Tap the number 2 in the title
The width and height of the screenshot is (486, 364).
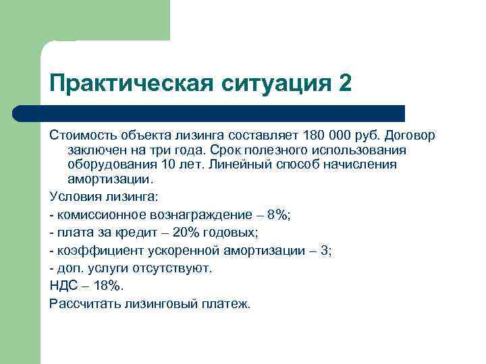[344, 84]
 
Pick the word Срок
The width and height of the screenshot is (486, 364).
[224, 150]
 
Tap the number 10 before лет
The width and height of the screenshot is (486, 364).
[168, 164]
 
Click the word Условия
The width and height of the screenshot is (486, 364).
[75, 197]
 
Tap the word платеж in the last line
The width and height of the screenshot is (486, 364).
[225, 303]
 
